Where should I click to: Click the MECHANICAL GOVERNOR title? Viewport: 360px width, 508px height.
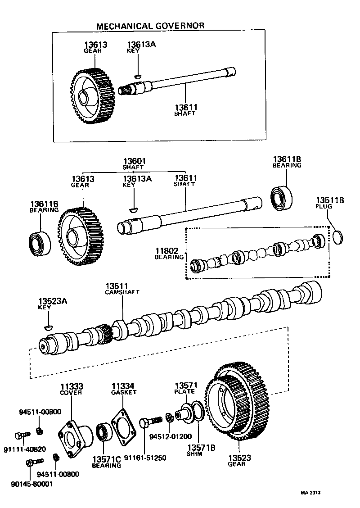pos(150,26)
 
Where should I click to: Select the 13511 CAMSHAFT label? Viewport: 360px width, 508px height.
pos(122,289)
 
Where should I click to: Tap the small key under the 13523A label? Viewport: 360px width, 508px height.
pos(49,325)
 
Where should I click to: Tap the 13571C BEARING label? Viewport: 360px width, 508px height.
pos(107,462)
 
